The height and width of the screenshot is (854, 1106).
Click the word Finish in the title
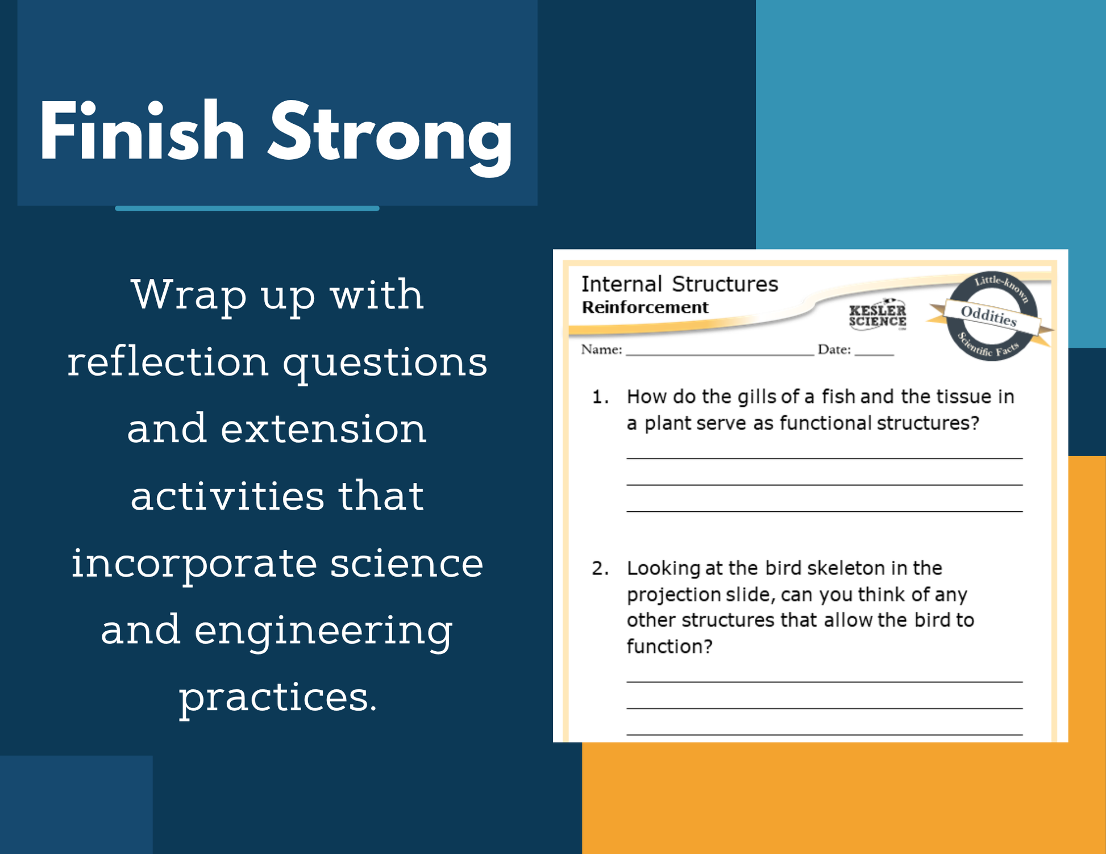pos(142,132)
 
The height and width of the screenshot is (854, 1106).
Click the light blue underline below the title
pos(247,209)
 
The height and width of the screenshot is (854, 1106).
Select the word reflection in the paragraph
pos(168,362)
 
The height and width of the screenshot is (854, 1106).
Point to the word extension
pos(323,429)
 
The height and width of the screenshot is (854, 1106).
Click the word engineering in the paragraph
pos(323,632)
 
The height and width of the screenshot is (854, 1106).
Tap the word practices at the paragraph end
pos(278,698)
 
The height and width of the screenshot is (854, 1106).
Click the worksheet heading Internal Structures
pos(680,284)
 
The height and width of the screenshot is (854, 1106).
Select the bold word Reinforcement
pos(645,307)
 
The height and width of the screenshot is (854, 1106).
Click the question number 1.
pos(600,397)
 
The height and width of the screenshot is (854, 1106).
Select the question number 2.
pos(600,568)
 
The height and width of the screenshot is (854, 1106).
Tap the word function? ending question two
pos(670,646)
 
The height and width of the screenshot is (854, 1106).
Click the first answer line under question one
pos(824,458)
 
